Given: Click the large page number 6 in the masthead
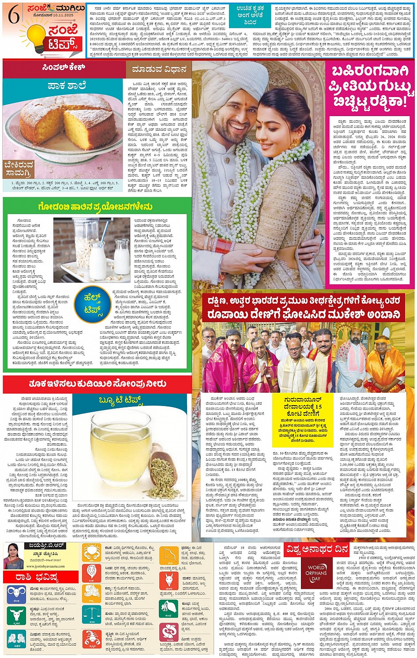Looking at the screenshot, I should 14,15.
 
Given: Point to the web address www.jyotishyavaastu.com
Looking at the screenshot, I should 43,567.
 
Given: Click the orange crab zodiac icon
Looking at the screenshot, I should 91,553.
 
